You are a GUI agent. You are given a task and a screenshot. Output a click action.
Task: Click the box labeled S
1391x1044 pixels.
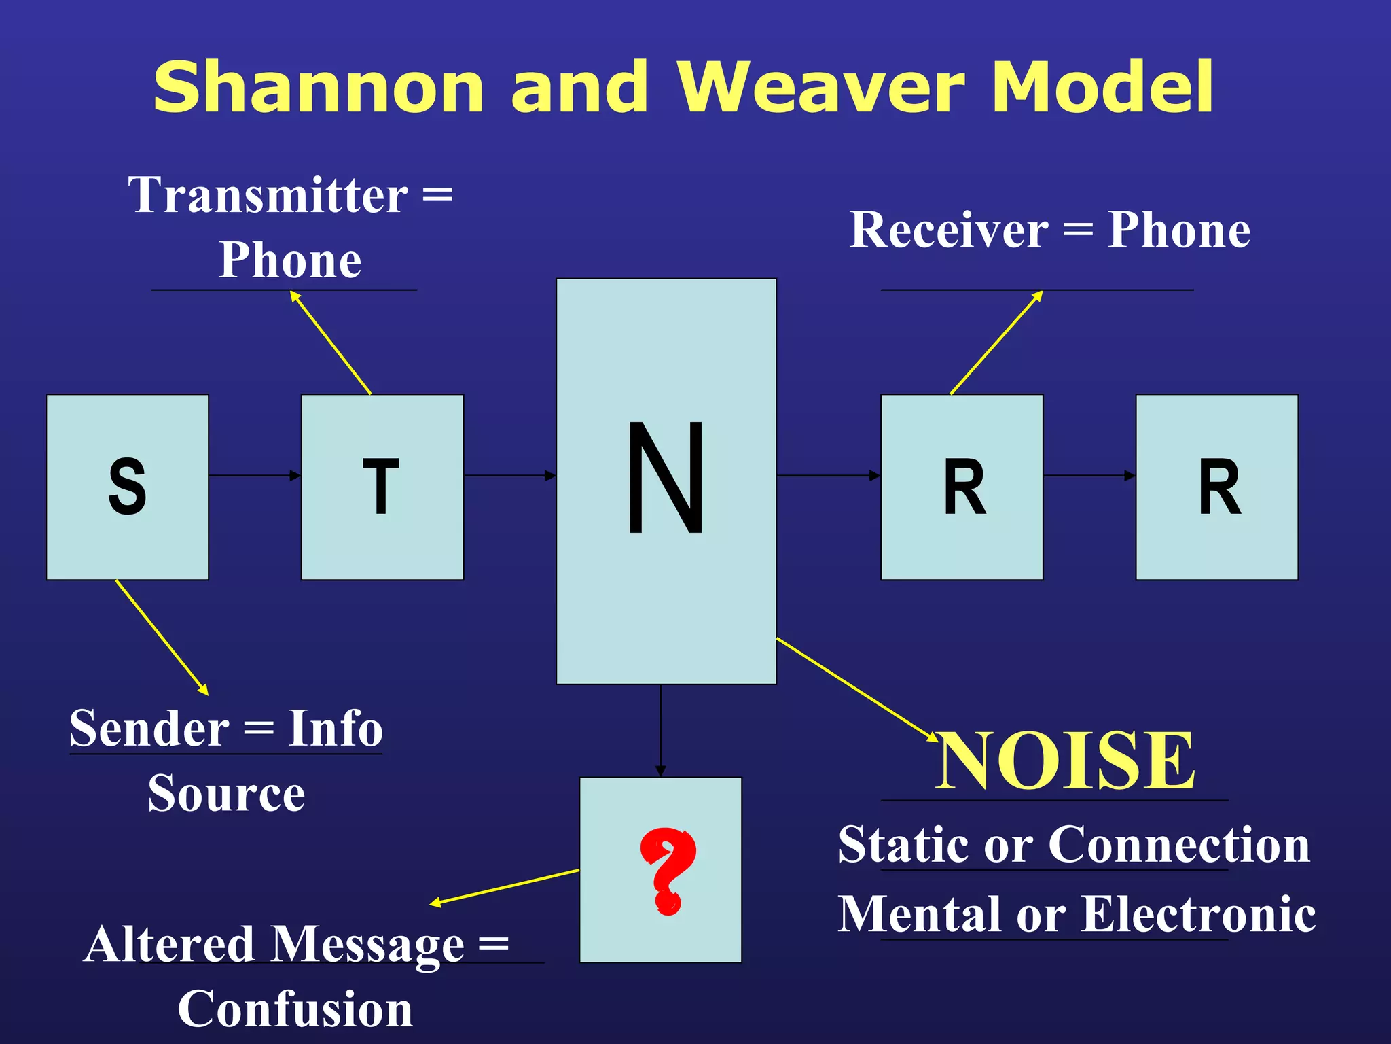(127, 487)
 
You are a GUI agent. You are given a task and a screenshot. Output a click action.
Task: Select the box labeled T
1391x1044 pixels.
(382, 487)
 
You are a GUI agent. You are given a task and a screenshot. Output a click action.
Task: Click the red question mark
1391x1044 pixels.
(667, 871)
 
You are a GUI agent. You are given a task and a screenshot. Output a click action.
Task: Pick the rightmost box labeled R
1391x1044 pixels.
(1216, 487)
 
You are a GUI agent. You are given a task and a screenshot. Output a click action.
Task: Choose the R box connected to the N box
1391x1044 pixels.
(962, 487)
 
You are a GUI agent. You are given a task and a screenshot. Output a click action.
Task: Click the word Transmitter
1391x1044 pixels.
(268, 195)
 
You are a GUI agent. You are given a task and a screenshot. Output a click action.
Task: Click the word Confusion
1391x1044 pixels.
(295, 1009)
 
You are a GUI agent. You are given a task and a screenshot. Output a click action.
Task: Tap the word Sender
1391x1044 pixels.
(149, 729)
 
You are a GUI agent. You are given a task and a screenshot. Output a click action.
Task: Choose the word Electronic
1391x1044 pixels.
(1198, 914)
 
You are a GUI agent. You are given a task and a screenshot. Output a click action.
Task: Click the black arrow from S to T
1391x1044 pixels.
(255, 475)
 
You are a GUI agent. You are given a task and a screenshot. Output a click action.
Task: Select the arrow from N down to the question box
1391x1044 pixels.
(660, 731)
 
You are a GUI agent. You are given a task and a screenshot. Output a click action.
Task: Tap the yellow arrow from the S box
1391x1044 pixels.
(162, 637)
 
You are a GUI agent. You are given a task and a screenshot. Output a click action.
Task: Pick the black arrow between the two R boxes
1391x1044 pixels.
(1089, 475)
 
